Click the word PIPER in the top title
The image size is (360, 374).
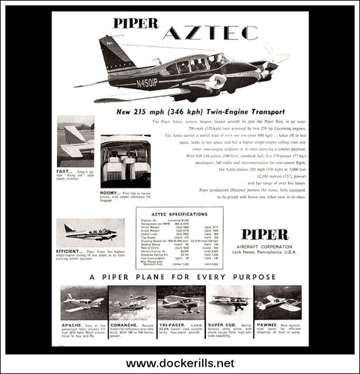point(134,22)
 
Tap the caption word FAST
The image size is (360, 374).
point(64,171)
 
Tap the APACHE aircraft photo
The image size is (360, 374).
point(82,299)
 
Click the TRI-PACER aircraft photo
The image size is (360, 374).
point(180,299)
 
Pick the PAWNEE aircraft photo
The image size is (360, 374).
point(278,299)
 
